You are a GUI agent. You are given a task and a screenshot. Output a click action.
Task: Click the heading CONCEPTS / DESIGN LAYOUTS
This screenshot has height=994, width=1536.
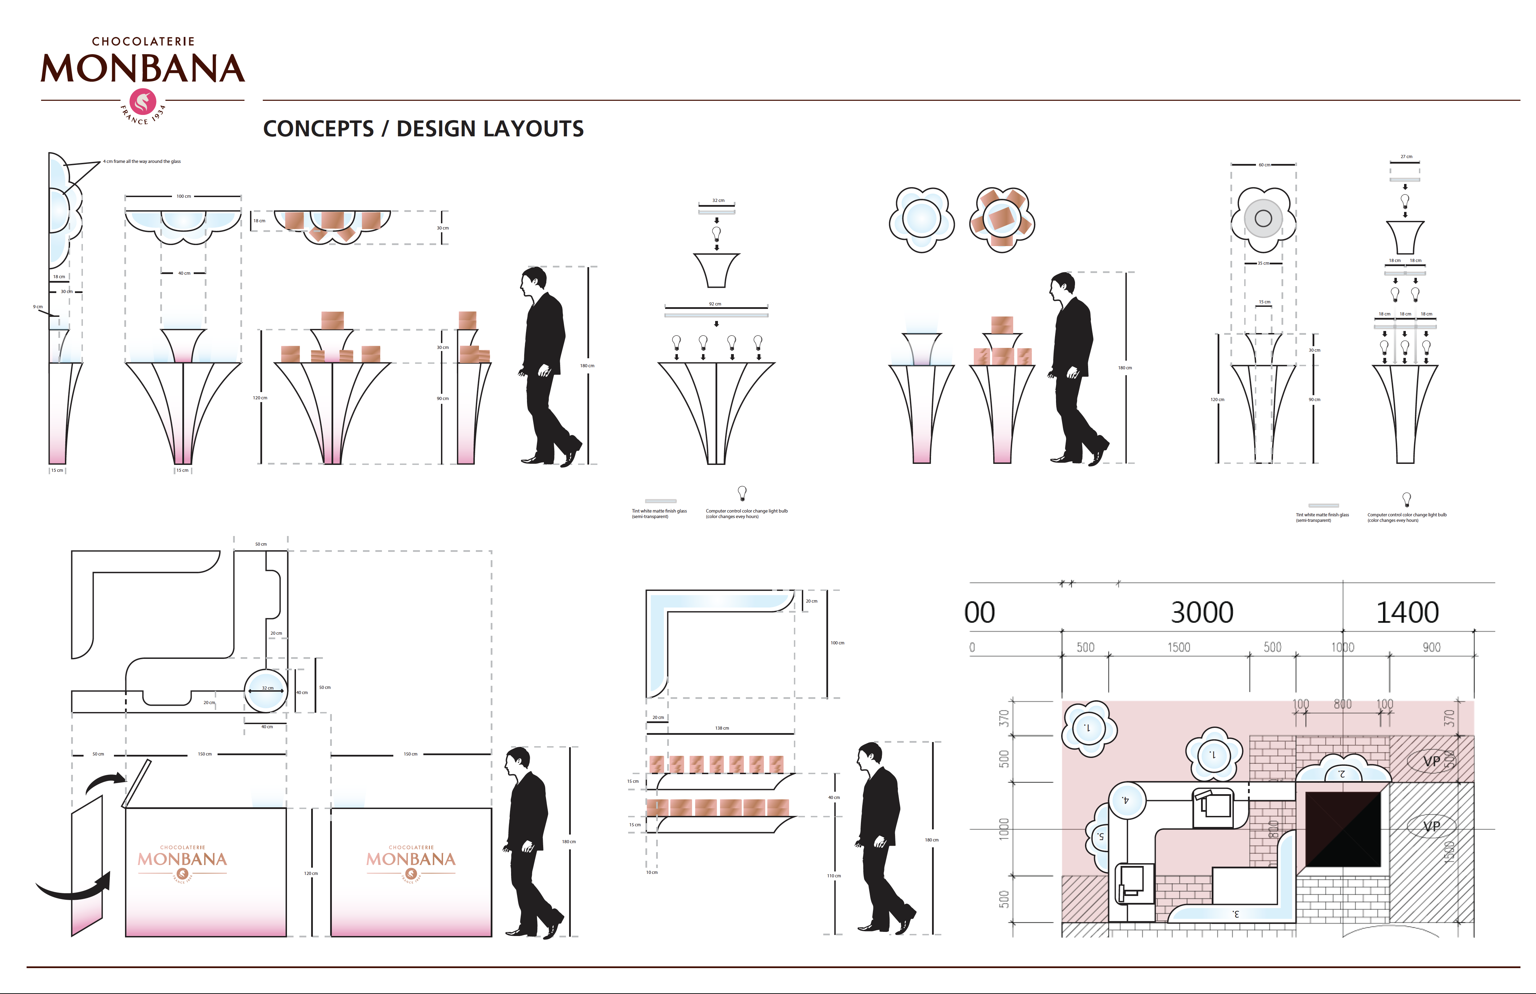[x=423, y=129]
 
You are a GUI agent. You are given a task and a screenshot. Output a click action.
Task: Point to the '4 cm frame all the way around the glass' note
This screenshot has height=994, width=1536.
[x=142, y=161]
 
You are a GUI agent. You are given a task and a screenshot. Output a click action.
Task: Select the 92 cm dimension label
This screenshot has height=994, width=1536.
[x=715, y=304]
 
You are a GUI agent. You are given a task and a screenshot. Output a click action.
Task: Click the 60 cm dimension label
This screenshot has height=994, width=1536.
[x=1264, y=165]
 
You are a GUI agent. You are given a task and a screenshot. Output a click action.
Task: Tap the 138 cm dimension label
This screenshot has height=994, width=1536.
[x=721, y=728]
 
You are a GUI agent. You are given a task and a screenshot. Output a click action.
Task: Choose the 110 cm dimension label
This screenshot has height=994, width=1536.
[x=834, y=876]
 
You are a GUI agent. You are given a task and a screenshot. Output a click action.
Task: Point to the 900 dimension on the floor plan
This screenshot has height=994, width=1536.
[x=1431, y=647]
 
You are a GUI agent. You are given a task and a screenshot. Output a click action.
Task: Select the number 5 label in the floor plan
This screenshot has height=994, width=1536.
[x=1100, y=837]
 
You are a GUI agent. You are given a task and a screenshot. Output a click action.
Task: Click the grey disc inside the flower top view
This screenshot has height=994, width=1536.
[x=1263, y=219]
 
